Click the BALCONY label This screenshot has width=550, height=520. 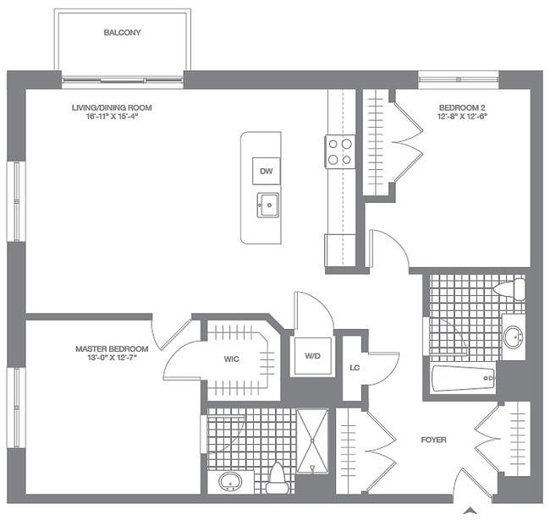(x=122, y=33)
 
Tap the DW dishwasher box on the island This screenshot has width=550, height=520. (x=267, y=171)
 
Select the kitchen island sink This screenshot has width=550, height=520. (x=268, y=204)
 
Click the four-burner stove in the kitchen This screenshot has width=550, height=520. (x=341, y=151)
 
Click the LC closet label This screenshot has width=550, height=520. (x=356, y=368)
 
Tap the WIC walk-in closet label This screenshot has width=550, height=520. (x=231, y=359)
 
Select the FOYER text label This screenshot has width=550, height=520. (x=433, y=441)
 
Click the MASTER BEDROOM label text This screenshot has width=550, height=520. (x=112, y=348)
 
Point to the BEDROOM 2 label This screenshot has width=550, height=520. (x=462, y=107)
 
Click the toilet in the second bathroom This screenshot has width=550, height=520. (x=510, y=290)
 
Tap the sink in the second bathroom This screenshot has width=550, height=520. (x=513, y=337)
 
